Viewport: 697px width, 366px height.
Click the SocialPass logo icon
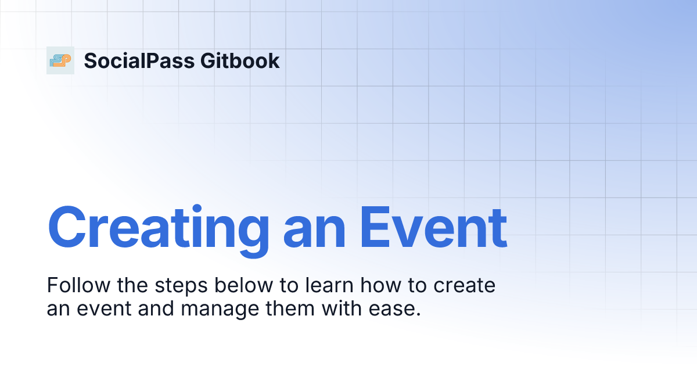coord(60,60)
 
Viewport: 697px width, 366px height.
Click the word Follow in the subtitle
coord(72,286)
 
